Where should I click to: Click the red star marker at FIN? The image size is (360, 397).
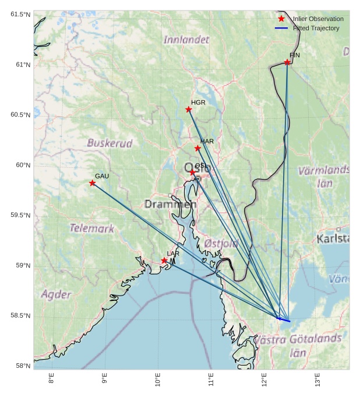(287, 62)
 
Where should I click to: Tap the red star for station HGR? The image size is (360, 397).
(189, 110)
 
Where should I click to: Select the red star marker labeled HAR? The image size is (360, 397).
(197, 148)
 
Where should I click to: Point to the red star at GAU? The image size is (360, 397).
(93, 183)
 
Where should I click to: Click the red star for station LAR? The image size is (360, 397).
(164, 261)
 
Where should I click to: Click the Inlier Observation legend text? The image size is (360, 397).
(318, 19)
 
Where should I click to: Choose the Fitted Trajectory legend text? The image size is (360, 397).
(316, 28)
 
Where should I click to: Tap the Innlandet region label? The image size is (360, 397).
(186, 40)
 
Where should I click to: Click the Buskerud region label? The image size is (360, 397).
(110, 143)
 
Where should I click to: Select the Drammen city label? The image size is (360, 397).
(170, 204)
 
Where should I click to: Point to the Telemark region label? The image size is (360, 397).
(92, 229)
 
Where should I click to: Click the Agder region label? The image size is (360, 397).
(56, 294)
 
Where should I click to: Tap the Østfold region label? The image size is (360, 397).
(221, 243)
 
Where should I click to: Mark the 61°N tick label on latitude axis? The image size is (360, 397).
(21, 65)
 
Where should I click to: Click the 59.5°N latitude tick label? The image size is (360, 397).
(19, 216)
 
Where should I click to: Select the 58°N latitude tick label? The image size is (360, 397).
(21, 366)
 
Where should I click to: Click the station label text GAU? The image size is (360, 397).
(102, 176)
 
